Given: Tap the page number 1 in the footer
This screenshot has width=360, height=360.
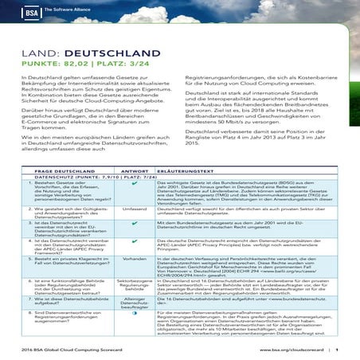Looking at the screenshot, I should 337,349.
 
